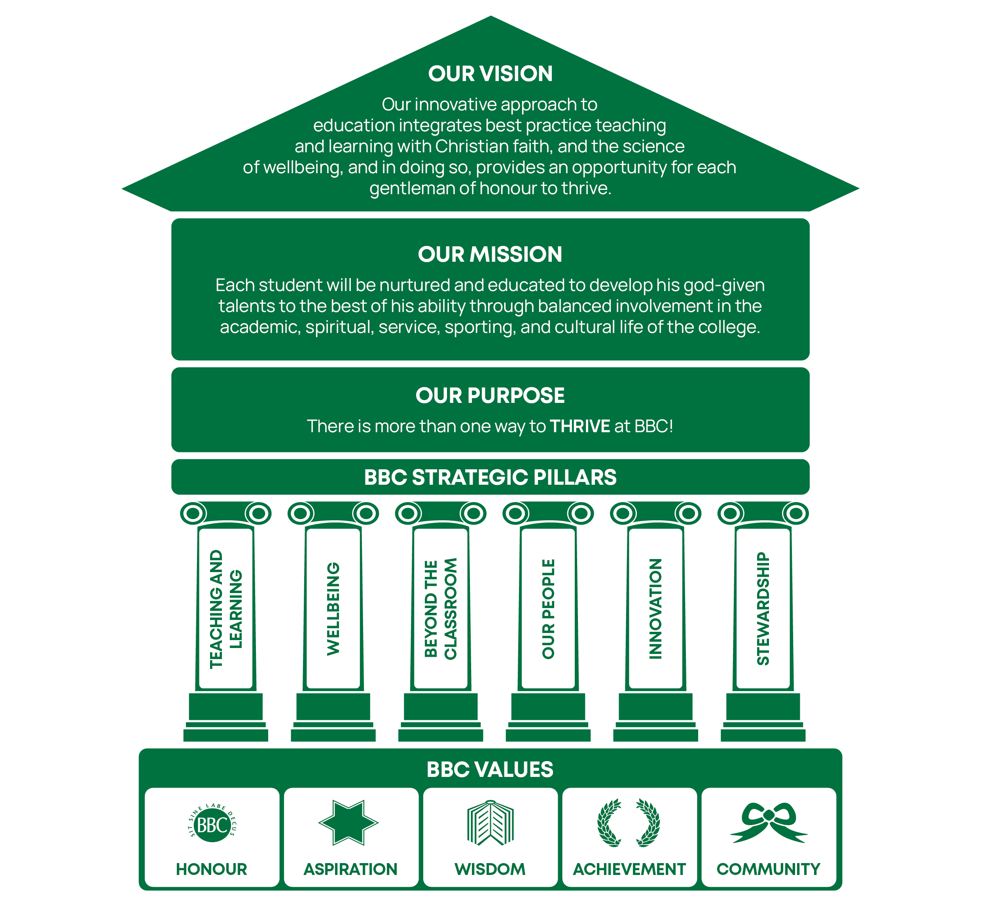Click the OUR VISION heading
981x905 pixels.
click(490, 74)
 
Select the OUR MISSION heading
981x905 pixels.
click(490, 254)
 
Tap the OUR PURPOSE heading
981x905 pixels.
click(490, 395)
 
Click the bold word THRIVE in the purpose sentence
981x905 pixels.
click(580, 426)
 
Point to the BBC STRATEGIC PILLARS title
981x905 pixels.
click(490, 477)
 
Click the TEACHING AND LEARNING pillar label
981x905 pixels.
click(226, 609)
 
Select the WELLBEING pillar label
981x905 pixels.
click(333, 609)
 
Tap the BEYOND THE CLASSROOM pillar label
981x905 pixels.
click(441, 609)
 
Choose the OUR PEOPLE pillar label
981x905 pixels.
click(548, 609)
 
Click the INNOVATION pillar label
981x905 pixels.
click(655, 609)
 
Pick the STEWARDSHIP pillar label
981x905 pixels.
click(763, 609)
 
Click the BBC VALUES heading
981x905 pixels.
click(490, 769)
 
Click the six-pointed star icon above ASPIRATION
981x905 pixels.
click(348, 823)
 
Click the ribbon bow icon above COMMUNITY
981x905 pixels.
click(768, 823)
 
